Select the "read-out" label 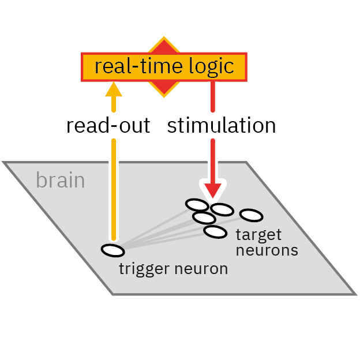pos(108,126)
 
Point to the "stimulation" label pos(221,126)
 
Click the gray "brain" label pos(60,181)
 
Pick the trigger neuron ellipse pos(112,250)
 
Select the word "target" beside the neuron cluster pos(258,235)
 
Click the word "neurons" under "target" pos(267,250)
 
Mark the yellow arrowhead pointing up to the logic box pos(114,89)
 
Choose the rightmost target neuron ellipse pos(251,215)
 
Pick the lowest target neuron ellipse pos(215,232)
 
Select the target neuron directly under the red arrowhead pos(221,209)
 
